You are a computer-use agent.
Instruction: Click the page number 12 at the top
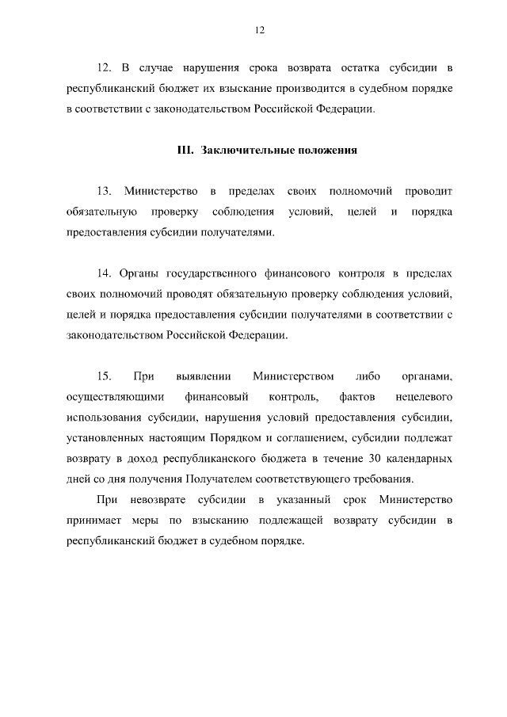tap(259, 30)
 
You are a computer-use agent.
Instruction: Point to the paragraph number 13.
tap(104, 192)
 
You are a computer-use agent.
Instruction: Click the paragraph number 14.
tap(104, 273)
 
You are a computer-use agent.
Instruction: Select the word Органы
tap(139, 273)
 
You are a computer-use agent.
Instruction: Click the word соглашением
tap(327, 438)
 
